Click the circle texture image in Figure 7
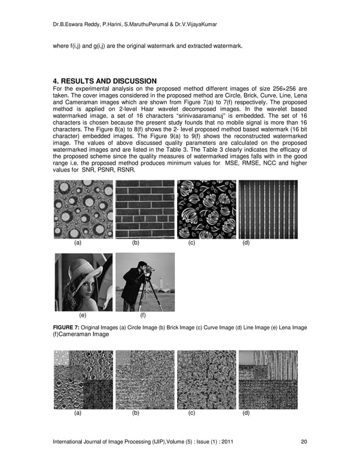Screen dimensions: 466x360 [x=83, y=209]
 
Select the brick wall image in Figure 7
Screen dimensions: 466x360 [x=144, y=209]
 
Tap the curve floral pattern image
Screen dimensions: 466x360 [x=207, y=209]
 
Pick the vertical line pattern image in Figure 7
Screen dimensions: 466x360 [x=267, y=209]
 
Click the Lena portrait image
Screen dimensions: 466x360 [x=83, y=282]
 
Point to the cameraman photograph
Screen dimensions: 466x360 [x=144, y=282]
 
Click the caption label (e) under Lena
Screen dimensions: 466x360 [x=83, y=315]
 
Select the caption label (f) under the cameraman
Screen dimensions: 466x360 [x=143, y=315]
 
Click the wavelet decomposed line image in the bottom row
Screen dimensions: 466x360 [x=267, y=379]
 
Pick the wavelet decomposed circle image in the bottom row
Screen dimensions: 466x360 [x=83, y=379]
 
